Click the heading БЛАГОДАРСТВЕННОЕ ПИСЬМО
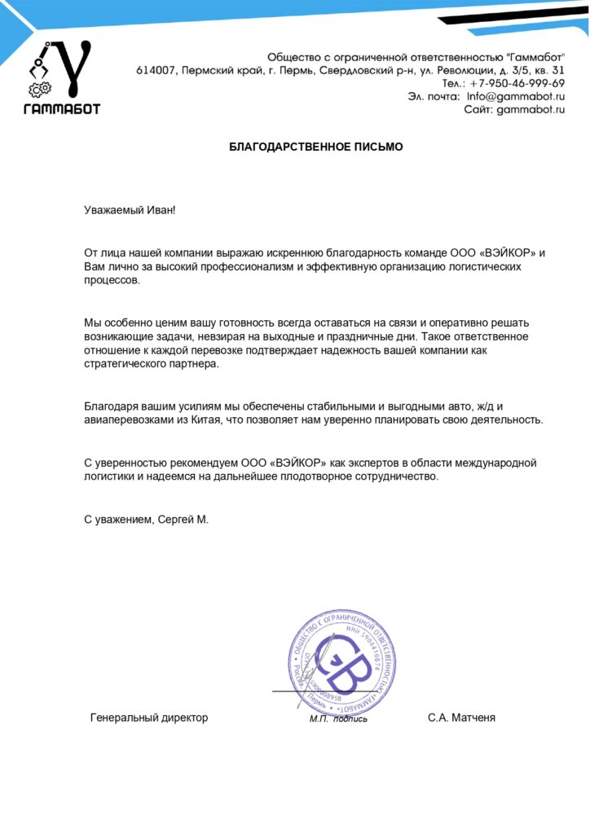coord(315,147)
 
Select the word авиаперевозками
coord(123,420)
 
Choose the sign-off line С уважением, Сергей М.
coord(147,519)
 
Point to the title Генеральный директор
coord(149,718)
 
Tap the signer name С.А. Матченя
coord(461,718)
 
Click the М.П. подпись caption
coord(337,719)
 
